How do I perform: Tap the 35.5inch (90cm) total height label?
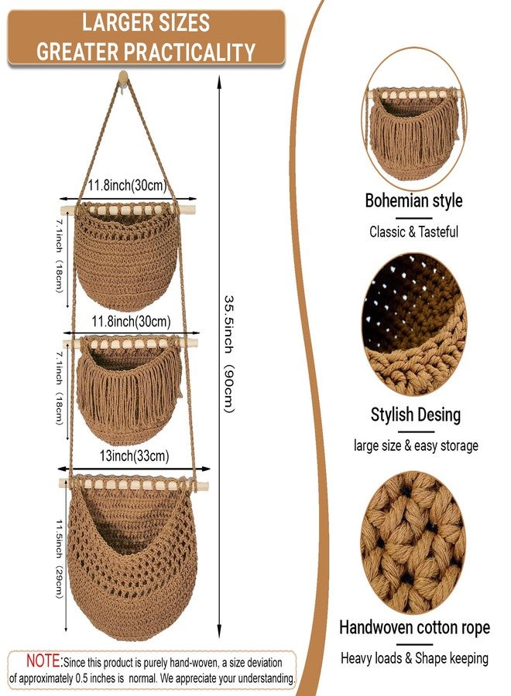228,353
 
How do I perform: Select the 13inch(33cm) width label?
134,455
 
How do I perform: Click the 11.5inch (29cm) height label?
59,559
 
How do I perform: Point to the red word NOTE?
43,661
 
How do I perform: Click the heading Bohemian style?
413,200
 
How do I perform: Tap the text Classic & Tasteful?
413,232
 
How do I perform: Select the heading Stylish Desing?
416,415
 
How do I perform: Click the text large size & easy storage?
416,445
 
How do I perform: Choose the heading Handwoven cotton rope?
414,628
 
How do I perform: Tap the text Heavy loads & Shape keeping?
414,658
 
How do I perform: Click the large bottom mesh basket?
132,557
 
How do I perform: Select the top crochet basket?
128,255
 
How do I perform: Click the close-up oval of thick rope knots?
413,542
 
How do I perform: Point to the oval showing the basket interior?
414,325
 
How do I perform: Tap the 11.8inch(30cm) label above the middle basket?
131,322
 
